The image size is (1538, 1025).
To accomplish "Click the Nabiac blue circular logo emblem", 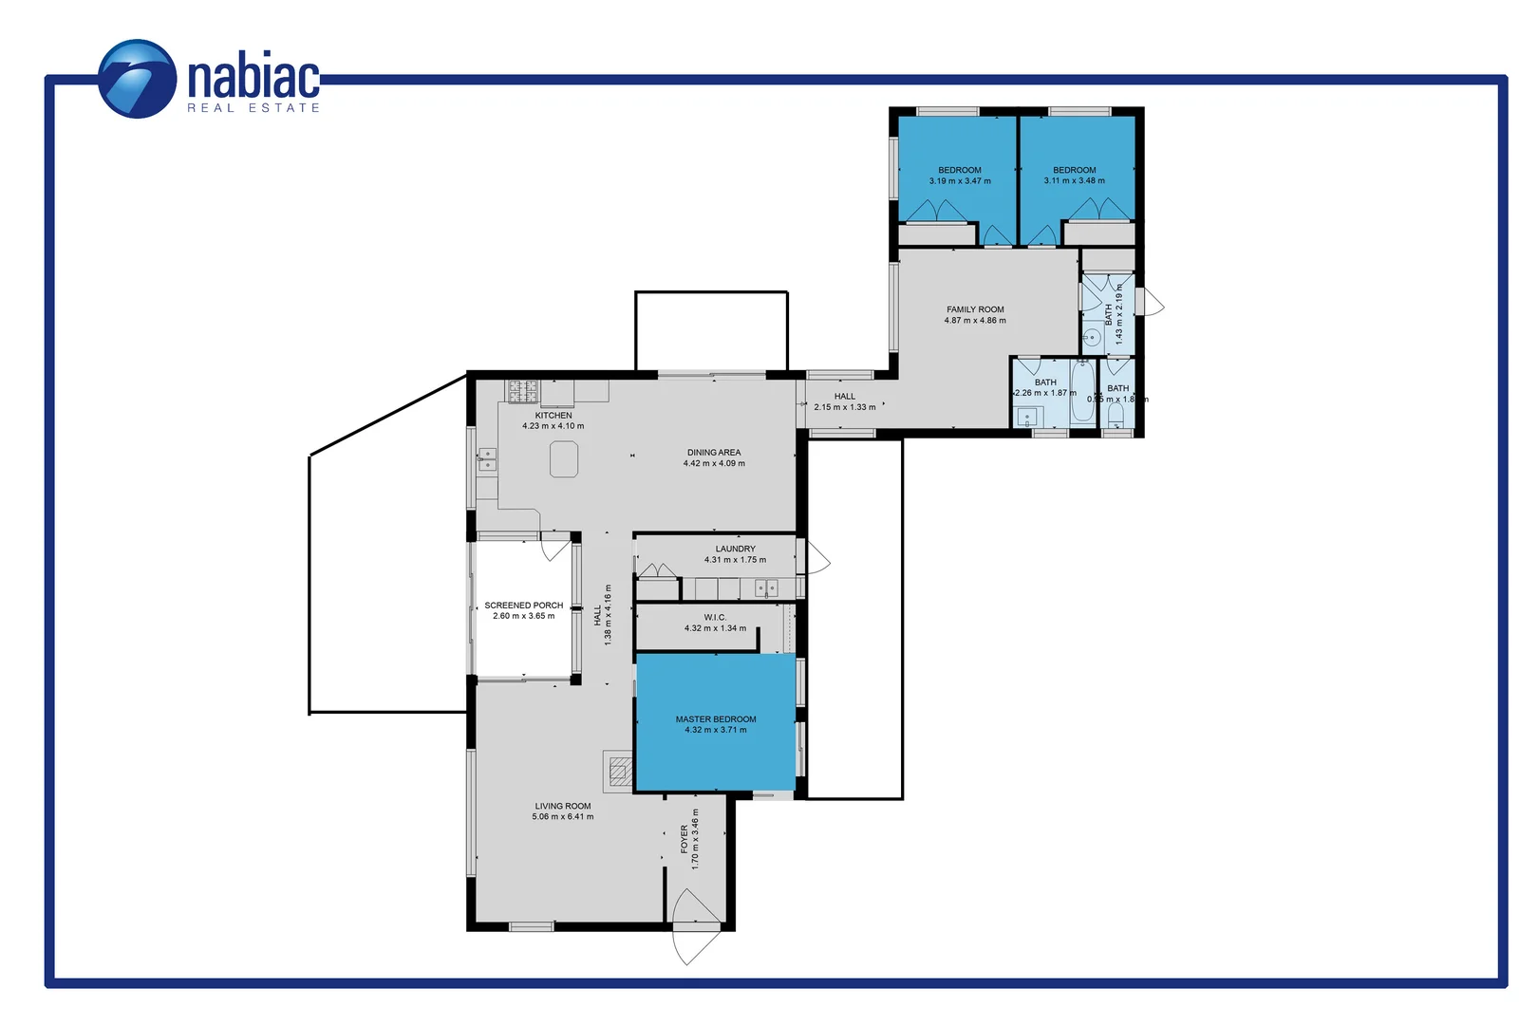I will click(x=138, y=79).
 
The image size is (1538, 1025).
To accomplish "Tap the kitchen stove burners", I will click(x=523, y=391).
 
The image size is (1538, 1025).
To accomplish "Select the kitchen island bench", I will click(x=564, y=460).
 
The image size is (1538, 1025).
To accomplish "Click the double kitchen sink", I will click(x=487, y=459).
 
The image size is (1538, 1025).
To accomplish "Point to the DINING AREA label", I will click(x=714, y=453).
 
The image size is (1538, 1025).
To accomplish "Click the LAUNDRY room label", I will click(x=735, y=549).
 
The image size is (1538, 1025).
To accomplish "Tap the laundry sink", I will click(x=766, y=588).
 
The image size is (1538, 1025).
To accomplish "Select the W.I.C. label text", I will click(x=715, y=617).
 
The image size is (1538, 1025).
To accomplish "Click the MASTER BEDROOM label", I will click(x=716, y=719).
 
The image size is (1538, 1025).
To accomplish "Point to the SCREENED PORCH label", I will click(x=523, y=605).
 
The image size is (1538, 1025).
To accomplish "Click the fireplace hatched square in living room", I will click(x=620, y=771).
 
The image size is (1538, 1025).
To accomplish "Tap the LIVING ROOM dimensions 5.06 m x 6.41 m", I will click(x=563, y=816).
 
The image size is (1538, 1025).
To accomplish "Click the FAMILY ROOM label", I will click(x=975, y=309).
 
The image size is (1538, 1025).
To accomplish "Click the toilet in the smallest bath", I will click(x=1116, y=415).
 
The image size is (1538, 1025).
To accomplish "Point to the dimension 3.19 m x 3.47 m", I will click(x=960, y=181).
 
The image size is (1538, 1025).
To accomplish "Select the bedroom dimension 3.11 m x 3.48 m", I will click(x=1074, y=181).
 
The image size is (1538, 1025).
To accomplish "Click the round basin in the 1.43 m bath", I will click(x=1093, y=337).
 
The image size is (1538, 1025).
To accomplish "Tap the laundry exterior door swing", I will click(x=816, y=558).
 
